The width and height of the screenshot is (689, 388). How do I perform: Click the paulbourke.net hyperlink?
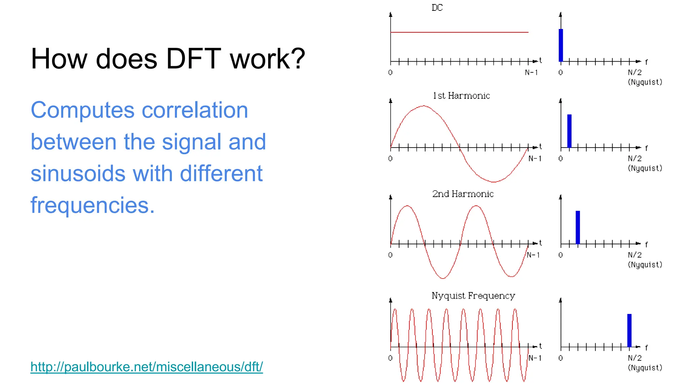147,366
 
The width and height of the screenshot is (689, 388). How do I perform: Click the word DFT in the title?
193,59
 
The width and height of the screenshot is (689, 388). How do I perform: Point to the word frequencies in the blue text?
93,205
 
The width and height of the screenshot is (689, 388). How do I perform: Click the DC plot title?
437,8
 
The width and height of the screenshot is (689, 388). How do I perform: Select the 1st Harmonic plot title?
461,96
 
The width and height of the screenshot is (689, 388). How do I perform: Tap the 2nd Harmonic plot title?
463,194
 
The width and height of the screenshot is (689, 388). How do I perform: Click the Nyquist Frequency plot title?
473,296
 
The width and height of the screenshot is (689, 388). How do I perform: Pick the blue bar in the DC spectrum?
561,45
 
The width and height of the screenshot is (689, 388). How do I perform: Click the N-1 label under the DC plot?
532,72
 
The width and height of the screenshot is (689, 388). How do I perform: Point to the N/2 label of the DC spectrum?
635,72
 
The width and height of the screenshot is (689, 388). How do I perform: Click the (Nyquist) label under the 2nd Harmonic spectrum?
645,265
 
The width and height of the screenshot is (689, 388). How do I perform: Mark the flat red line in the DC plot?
459,32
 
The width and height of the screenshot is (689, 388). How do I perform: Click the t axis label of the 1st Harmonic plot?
540,146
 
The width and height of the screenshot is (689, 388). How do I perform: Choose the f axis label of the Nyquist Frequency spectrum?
646,347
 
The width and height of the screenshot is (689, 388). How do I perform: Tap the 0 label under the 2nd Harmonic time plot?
390,255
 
